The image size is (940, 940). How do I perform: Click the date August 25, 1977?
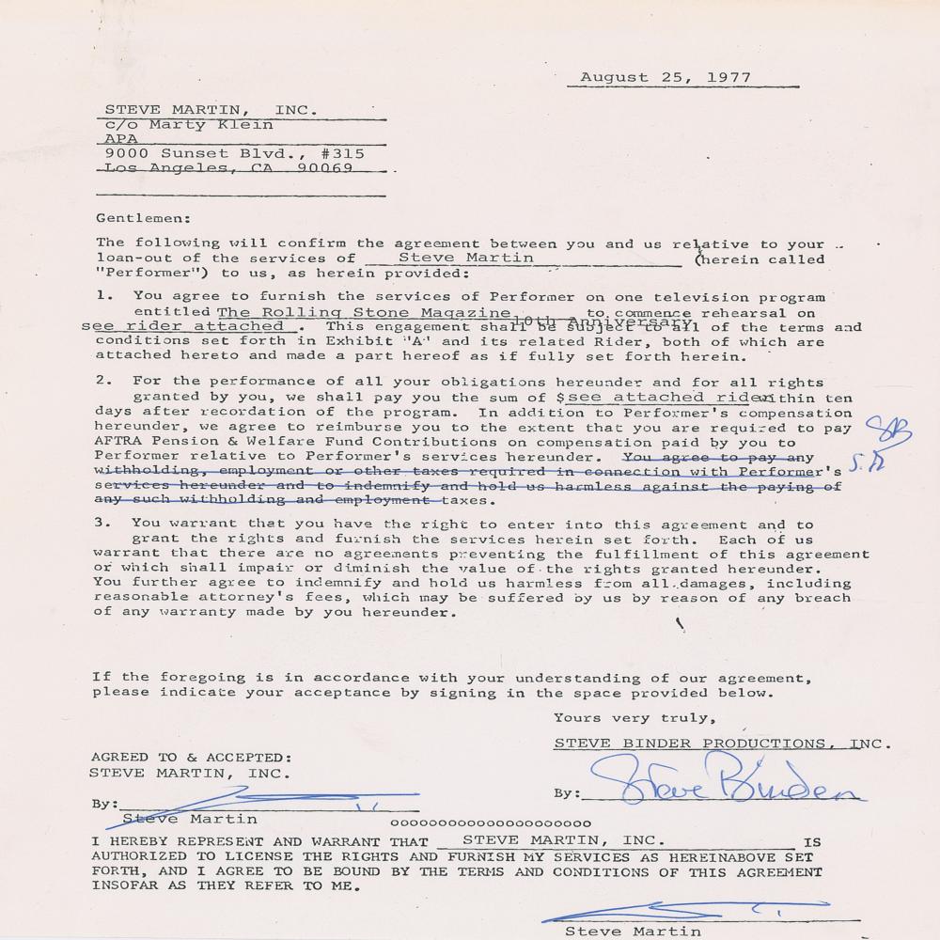[x=666, y=77]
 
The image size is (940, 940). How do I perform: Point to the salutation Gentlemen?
[x=141, y=217]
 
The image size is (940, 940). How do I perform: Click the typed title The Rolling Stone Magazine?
[x=364, y=312]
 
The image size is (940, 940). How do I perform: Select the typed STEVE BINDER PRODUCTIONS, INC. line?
[x=719, y=744]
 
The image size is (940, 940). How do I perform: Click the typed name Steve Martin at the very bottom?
[x=633, y=931]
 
